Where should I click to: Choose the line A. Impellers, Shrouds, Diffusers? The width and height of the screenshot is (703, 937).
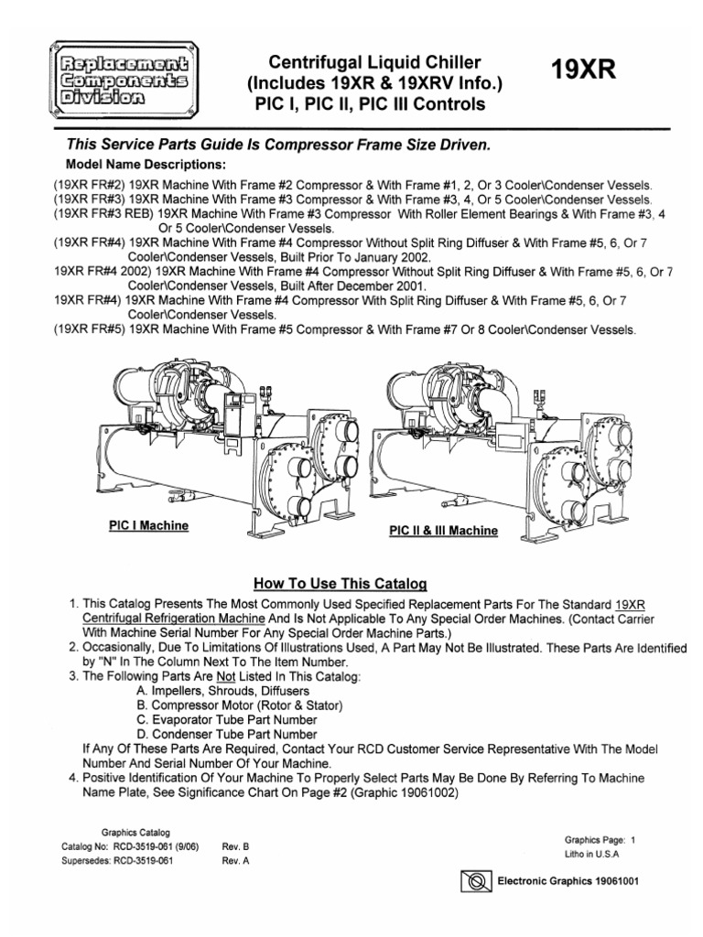pyautogui.click(x=224, y=691)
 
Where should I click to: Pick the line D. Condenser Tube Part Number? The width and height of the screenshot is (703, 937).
pyautogui.click(x=229, y=734)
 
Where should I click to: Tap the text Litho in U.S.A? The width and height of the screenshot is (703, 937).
pyautogui.click(x=594, y=853)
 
